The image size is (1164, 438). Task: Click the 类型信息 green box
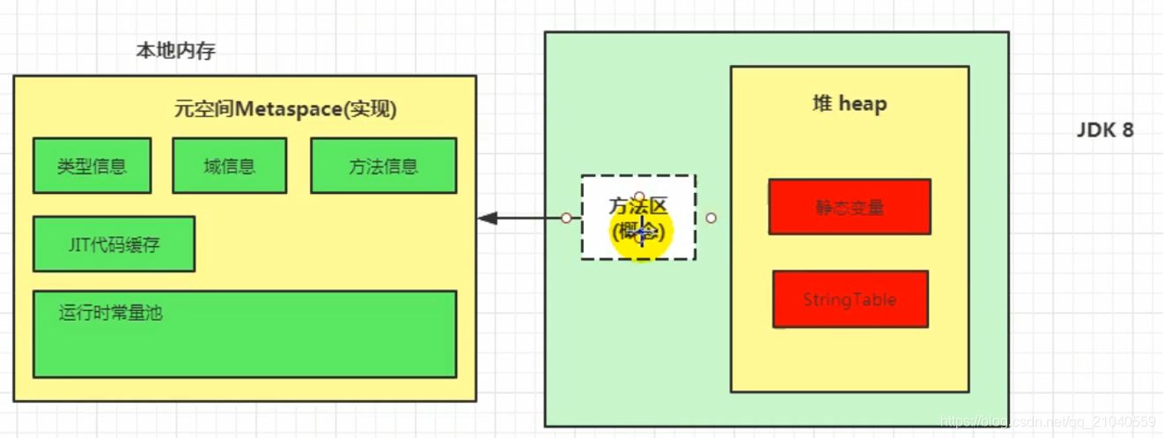coord(92,166)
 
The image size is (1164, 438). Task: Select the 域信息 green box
coord(229,166)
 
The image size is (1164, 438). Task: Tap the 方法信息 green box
coord(383,166)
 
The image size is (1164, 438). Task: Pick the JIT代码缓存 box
coord(114,244)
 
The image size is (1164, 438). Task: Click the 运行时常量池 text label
coord(111,313)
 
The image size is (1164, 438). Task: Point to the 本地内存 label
coord(175,51)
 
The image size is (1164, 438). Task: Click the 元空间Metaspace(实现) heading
coord(285,110)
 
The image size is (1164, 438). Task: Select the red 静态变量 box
coord(849,207)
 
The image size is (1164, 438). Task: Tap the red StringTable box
coord(850,300)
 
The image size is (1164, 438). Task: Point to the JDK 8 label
coord(1105,130)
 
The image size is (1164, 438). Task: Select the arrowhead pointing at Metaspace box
coord(487,218)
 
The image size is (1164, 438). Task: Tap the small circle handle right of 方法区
coord(711,218)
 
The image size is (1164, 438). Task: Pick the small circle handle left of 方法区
coord(566,218)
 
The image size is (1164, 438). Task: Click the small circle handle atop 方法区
coord(639,197)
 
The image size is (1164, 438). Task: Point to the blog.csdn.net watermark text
coord(1047,423)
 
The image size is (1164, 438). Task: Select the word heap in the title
coord(863,104)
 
